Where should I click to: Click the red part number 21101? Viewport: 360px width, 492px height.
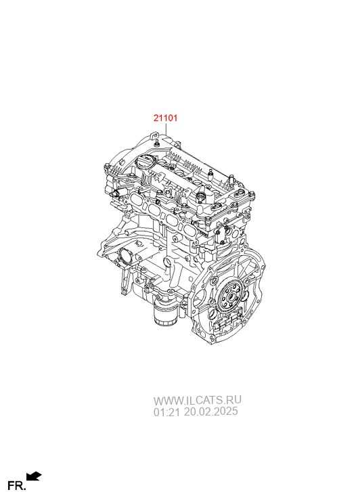click(165, 118)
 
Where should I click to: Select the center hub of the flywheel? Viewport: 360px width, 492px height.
click(231, 296)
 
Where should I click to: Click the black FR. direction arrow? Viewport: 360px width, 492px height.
click(34, 476)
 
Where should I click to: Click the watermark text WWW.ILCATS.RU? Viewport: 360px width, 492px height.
click(197, 401)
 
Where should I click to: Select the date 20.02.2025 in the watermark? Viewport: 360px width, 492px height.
click(210, 411)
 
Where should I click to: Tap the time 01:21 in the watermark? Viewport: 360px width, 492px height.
click(167, 411)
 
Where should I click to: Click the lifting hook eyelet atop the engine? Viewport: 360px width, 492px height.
click(154, 135)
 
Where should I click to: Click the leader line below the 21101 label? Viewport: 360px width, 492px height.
click(165, 129)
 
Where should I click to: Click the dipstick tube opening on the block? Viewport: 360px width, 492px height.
click(167, 260)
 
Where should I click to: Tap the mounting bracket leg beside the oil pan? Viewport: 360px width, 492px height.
click(125, 280)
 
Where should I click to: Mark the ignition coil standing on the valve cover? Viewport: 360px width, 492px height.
click(200, 198)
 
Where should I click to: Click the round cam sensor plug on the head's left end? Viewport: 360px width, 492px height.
click(116, 192)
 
